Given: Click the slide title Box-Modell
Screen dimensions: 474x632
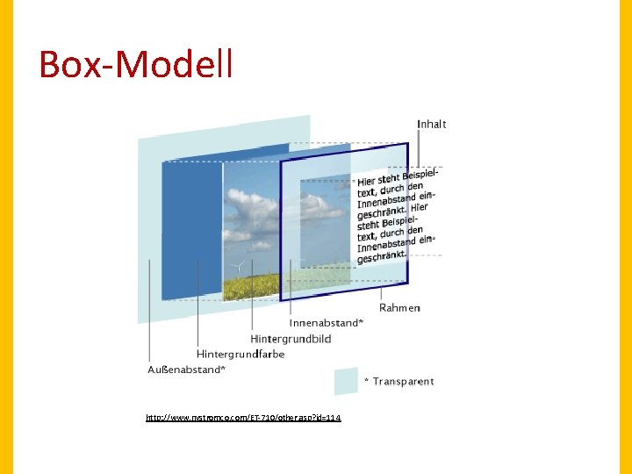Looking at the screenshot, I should tap(136, 64).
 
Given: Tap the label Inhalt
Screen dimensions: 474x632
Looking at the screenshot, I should tap(431, 125).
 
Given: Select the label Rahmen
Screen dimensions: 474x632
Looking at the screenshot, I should tap(399, 308).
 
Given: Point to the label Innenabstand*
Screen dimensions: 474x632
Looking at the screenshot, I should tap(326, 323).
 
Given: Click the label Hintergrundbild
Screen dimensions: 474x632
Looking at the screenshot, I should tap(291, 339).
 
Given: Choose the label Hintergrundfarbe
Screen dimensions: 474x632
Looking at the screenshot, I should tap(241, 355).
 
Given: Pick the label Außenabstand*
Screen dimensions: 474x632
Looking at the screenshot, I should tap(186, 370).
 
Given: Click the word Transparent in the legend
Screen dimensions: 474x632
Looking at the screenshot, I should tap(403, 381).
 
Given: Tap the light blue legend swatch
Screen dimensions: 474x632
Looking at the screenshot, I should tap(346, 381).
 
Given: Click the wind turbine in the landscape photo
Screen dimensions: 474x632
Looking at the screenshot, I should tap(234, 267).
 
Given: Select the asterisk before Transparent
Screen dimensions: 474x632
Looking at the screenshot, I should tap(366, 381).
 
